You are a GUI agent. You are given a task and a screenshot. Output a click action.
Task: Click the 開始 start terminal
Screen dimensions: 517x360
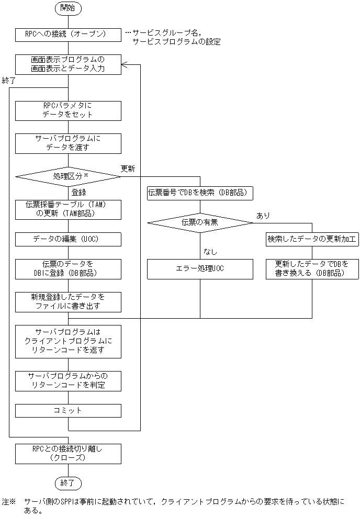click(68, 8)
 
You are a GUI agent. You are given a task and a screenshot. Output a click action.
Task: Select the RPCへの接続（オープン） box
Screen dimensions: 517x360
click(68, 34)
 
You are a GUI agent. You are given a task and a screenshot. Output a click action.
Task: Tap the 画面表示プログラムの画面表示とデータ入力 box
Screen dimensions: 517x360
click(68, 64)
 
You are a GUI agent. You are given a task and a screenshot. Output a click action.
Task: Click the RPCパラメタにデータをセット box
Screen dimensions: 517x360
click(68, 110)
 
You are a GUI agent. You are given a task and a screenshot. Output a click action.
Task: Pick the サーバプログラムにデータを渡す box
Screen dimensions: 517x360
click(68, 143)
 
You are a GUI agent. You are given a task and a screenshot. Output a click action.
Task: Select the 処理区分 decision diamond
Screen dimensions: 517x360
click(68, 176)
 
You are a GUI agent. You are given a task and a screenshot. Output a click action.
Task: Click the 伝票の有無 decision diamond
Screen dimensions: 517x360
click(200, 222)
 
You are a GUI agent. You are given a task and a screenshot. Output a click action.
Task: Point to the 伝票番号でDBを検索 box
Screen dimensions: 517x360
click(200, 193)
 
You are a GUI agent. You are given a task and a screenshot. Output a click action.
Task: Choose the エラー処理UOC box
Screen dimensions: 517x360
click(200, 269)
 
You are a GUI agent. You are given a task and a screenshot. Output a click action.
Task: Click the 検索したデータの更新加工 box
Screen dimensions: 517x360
click(312, 239)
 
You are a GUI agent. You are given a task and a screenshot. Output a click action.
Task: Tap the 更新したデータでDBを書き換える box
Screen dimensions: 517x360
click(312, 269)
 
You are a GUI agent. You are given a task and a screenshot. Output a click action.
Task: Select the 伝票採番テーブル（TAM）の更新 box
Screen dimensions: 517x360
click(68, 209)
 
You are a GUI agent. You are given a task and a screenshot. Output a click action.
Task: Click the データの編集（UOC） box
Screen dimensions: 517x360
click(68, 239)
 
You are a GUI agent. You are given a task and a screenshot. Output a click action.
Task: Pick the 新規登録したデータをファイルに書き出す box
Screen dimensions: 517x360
click(68, 302)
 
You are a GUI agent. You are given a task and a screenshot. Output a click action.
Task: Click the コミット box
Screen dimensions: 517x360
click(68, 411)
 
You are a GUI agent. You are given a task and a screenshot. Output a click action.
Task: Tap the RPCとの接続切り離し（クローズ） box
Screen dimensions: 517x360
click(68, 454)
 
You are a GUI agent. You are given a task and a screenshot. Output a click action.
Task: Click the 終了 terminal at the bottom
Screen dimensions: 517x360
click(68, 482)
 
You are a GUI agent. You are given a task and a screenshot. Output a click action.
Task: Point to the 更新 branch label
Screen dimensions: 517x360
click(128, 169)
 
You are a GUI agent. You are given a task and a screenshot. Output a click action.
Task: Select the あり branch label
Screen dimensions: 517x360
click(263, 215)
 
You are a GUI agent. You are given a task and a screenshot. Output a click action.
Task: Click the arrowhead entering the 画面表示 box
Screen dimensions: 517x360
click(125, 64)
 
